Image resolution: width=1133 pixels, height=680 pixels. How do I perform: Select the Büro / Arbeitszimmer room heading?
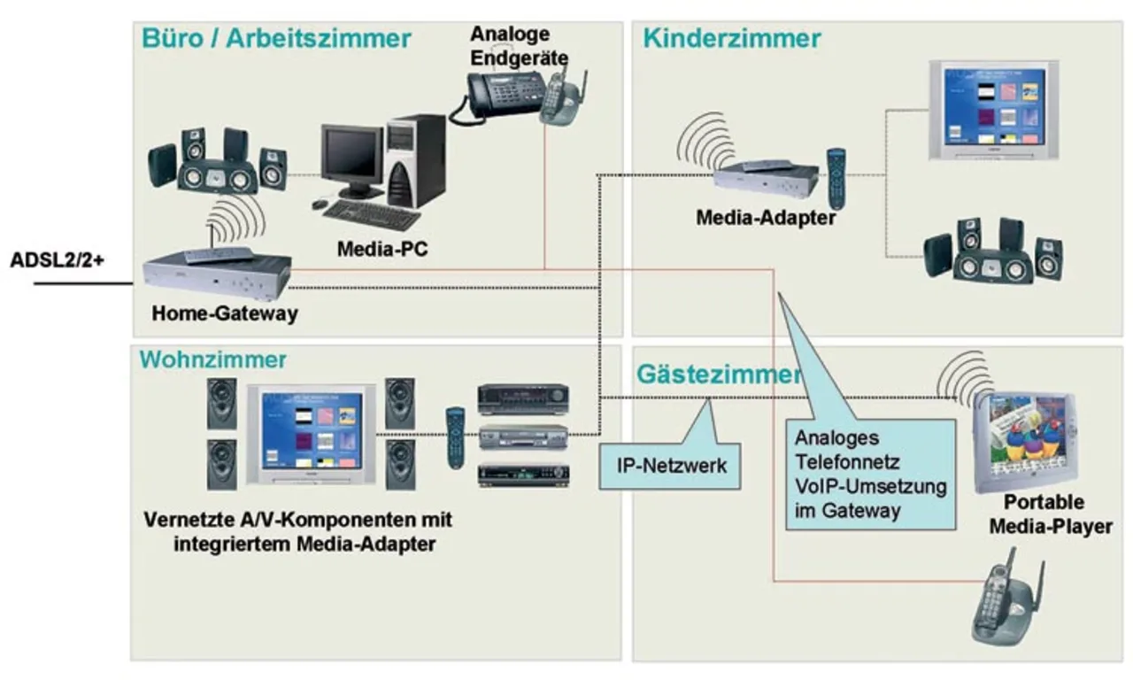click(x=275, y=39)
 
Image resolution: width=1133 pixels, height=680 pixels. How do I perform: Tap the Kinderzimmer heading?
click(x=732, y=39)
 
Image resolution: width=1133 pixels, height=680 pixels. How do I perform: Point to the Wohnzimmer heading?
click(x=212, y=359)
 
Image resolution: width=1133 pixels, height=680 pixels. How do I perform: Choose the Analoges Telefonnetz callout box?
click(x=871, y=475)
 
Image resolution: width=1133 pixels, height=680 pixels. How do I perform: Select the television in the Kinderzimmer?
click(x=993, y=110)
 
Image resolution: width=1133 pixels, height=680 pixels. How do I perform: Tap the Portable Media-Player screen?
click(x=1023, y=439)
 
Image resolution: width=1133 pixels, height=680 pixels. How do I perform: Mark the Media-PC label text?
click(x=382, y=249)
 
